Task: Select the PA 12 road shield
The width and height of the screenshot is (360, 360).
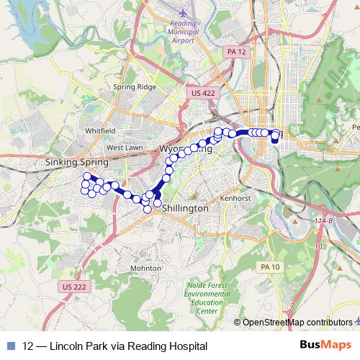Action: point(235,52)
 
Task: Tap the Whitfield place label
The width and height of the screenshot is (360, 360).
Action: point(100,131)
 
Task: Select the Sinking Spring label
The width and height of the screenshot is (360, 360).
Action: point(76,163)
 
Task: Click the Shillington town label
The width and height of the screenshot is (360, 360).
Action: point(186,207)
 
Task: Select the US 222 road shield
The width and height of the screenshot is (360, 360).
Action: point(74,287)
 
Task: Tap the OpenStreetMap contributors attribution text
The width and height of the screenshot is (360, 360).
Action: point(297,322)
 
